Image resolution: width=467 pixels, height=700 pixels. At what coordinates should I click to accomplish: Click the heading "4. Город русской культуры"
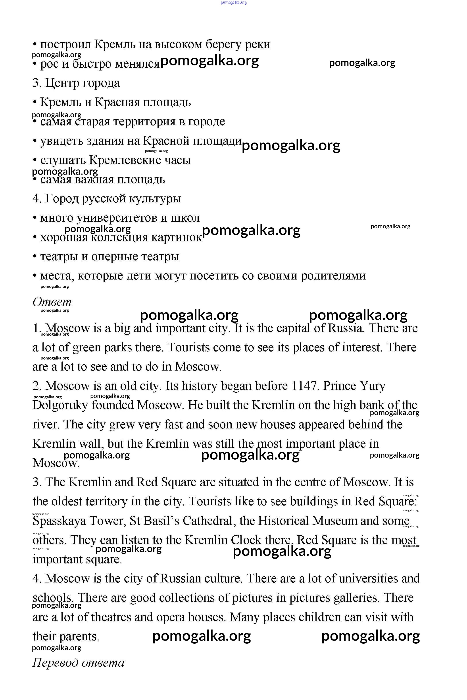[107, 198]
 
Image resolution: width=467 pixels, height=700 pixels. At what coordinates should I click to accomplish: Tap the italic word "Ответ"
[52, 302]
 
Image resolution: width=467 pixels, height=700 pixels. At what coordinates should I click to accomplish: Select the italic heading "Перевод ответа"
[78, 662]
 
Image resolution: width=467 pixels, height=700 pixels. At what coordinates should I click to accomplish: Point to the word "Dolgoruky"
[60, 405]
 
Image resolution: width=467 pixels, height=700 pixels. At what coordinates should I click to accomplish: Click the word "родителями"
[333, 276]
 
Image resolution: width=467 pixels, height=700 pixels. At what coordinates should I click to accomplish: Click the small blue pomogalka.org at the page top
[234, 3]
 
